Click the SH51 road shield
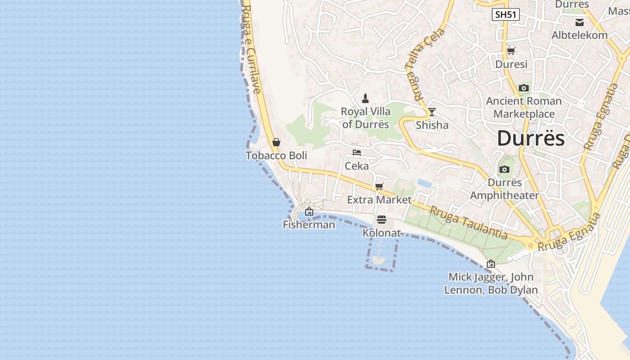pos(505,14)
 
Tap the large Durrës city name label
pos(531,138)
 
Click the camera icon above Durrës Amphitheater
pos(504,170)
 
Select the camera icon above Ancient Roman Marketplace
pos(524,88)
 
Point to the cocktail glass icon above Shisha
pos(432,112)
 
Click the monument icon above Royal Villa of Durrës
pos(365,98)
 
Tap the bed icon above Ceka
pos(357,153)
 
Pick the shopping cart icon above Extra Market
pos(379,186)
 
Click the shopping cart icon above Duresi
pos(511,51)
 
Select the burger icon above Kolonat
pos(382,220)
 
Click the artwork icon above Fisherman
pos(309,211)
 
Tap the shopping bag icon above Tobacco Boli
pos(276,142)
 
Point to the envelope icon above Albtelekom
pos(580,22)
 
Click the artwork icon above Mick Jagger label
pos(491,264)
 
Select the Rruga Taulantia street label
pos(468,223)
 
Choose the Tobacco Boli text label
pos(276,156)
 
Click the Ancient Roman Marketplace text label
pos(524,108)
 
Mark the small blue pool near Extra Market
pos(423,183)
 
